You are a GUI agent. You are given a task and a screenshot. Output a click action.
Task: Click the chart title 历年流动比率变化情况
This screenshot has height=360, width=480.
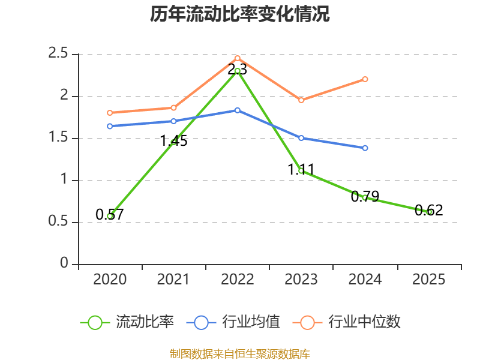(x=239, y=14)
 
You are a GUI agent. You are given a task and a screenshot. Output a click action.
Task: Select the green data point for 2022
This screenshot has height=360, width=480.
(x=237, y=71)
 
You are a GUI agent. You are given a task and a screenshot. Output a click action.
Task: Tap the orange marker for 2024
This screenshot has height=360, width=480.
(x=365, y=79)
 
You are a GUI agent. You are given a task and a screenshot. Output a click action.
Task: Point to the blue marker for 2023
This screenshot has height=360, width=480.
(x=301, y=138)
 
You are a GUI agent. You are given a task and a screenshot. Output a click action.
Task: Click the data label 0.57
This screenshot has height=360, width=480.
(x=110, y=214)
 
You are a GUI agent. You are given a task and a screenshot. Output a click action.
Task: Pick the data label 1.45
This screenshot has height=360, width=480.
(x=173, y=141)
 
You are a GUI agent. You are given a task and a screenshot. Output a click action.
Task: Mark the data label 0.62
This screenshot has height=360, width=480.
(x=429, y=211)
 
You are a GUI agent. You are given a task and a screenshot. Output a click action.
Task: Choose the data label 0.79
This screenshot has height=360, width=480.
(x=365, y=196)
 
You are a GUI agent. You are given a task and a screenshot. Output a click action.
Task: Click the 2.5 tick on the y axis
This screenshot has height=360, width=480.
(x=58, y=53)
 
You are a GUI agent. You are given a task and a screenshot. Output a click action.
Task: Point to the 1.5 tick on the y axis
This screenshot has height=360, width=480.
(x=58, y=137)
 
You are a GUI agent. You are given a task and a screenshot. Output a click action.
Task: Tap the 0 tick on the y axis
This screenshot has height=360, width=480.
(x=64, y=263)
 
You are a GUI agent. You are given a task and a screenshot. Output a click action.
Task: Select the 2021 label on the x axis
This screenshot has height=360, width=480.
(x=173, y=280)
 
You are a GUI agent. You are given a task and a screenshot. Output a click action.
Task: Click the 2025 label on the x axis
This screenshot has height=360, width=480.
(x=429, y=280)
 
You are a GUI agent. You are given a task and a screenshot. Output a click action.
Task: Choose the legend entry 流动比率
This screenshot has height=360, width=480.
(x=127, y=322)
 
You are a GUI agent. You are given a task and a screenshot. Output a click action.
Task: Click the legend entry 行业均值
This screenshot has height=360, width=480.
(x=233, y=322)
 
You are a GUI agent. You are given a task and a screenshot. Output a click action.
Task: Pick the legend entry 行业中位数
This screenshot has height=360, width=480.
(x=347, y=322)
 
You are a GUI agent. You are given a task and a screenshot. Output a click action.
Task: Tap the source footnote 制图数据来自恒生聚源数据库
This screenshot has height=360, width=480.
(x=240, y=354)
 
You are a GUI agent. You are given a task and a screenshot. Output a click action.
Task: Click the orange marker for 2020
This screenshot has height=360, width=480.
(x=110, y=113)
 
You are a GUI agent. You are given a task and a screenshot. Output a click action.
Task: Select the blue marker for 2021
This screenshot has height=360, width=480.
(x=173, y=121)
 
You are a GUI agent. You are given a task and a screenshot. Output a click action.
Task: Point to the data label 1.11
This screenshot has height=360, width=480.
(x=301, y=170)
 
